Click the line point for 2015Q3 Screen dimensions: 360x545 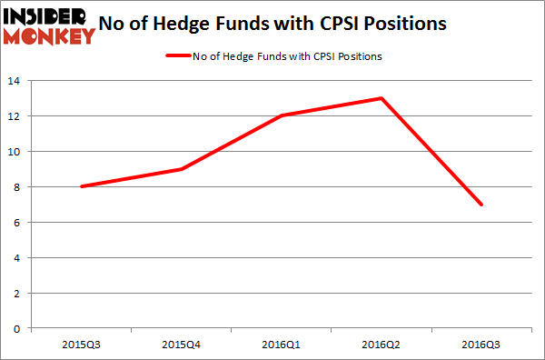[81, 186]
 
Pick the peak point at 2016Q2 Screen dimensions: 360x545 [381, 98]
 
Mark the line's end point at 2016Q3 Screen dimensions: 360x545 [481, 205]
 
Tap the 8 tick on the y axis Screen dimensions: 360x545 [18, 187]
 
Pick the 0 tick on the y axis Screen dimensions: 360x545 [18, 328]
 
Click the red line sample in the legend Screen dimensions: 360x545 [176, 56]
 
